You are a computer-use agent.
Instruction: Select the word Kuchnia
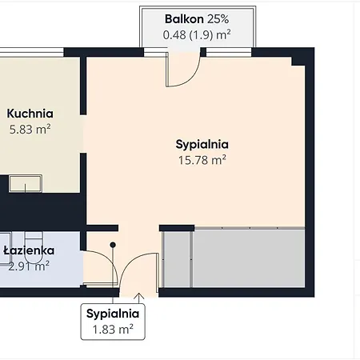(30, 114)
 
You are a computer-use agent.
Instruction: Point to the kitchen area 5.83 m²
(30, 129)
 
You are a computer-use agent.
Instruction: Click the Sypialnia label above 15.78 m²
(202, 145)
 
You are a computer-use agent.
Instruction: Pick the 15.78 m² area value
(202, 160)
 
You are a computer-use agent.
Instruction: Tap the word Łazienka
(27, 250)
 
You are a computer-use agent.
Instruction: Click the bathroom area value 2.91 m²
(29, 265)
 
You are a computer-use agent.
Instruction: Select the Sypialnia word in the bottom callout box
(114, 313)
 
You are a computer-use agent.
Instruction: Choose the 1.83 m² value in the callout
(114, 328)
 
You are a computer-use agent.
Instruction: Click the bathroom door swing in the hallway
(101, 268)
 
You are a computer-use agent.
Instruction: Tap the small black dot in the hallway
(114, 244)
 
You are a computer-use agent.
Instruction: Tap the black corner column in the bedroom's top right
(298, 61)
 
